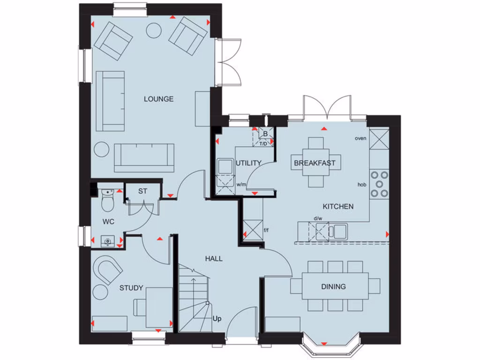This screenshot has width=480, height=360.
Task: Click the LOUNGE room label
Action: tap(158, 99)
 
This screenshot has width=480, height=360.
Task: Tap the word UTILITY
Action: tap(248, 163)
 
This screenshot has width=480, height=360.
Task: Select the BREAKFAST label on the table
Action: tap(315, 163)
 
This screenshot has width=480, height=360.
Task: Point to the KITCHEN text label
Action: tap(337, 206)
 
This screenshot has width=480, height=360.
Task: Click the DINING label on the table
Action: tap(333, 286)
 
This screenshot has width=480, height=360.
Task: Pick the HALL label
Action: tap(213, 258)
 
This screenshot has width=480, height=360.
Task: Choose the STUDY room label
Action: tap(131, 288)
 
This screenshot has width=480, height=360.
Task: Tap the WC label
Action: tap(108, 221)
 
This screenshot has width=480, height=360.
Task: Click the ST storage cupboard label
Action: tap(142, 191)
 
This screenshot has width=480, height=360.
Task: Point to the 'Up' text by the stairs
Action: tap(217, 319)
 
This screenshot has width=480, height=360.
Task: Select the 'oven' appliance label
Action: tap(360, 138)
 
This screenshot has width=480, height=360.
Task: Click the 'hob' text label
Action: tap(361, 185)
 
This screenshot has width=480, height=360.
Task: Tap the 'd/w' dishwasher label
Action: tap(318, 218)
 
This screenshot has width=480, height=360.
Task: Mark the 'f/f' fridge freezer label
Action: tap(267, 230)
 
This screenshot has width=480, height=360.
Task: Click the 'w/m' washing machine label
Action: tap(241, 184)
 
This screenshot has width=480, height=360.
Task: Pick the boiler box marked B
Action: tap(265, 134)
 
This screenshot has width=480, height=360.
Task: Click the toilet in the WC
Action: tap(107, 200)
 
